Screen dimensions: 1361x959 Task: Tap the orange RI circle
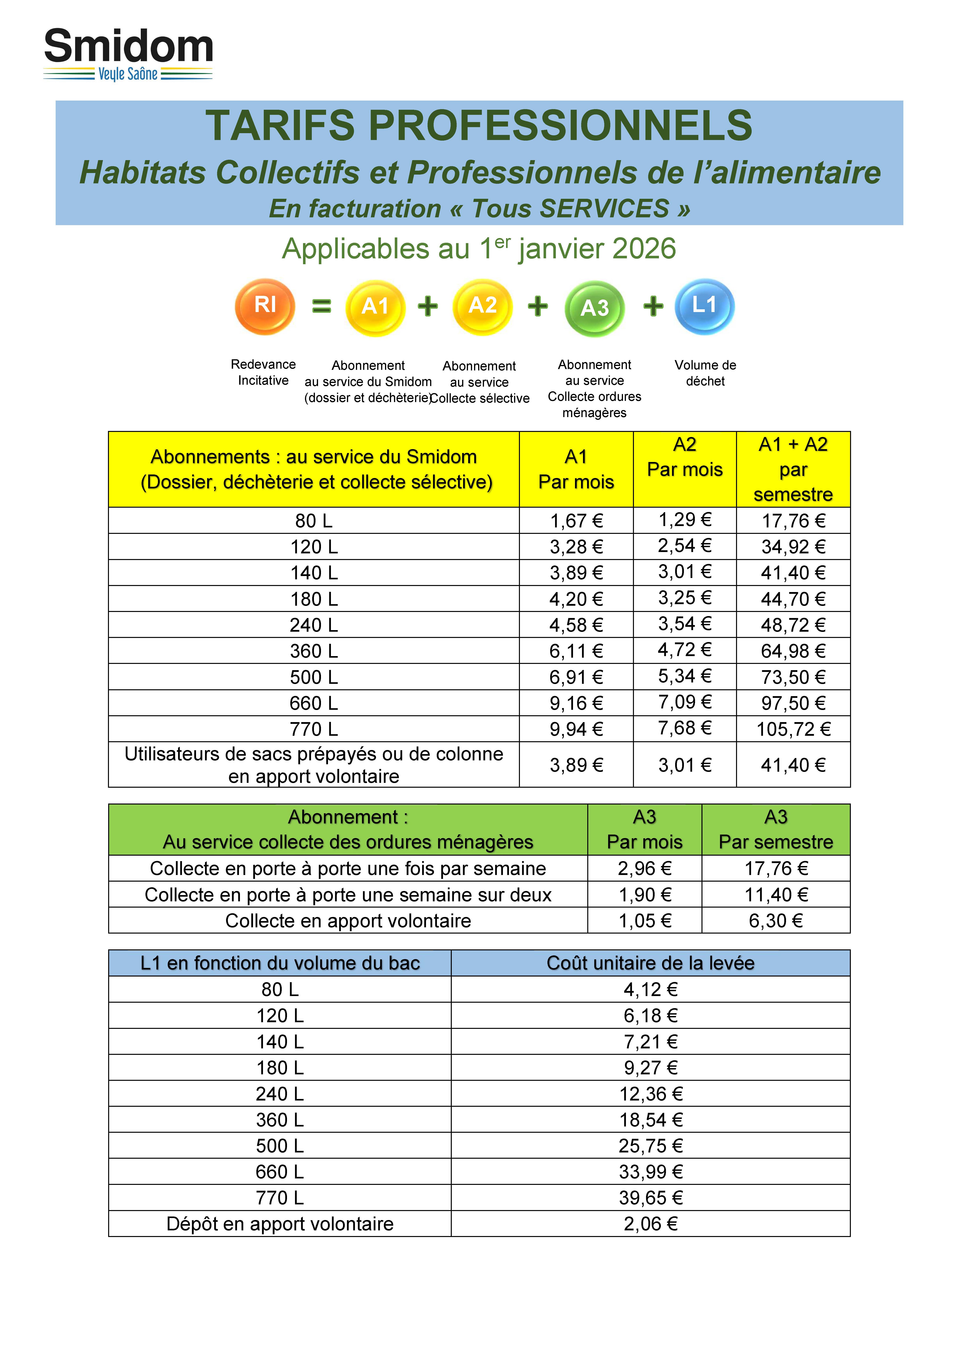(265, 306)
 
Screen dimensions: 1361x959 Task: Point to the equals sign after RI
(321, 306)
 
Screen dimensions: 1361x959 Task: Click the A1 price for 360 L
(576, 651)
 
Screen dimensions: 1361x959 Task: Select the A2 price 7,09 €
(684, 702)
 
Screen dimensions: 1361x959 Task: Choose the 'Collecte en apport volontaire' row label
(348, 920)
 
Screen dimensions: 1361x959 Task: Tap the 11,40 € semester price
(776, 895)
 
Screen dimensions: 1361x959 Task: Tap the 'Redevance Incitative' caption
(263, 372)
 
